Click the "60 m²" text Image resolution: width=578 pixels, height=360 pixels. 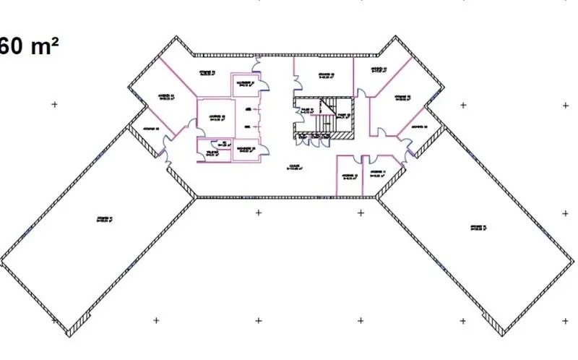point(29,47)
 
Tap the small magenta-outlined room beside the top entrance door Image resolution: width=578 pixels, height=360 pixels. point(246,84)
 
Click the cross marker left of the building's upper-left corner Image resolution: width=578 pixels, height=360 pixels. point(54,105)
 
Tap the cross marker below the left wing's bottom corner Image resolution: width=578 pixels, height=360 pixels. point(156,320)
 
